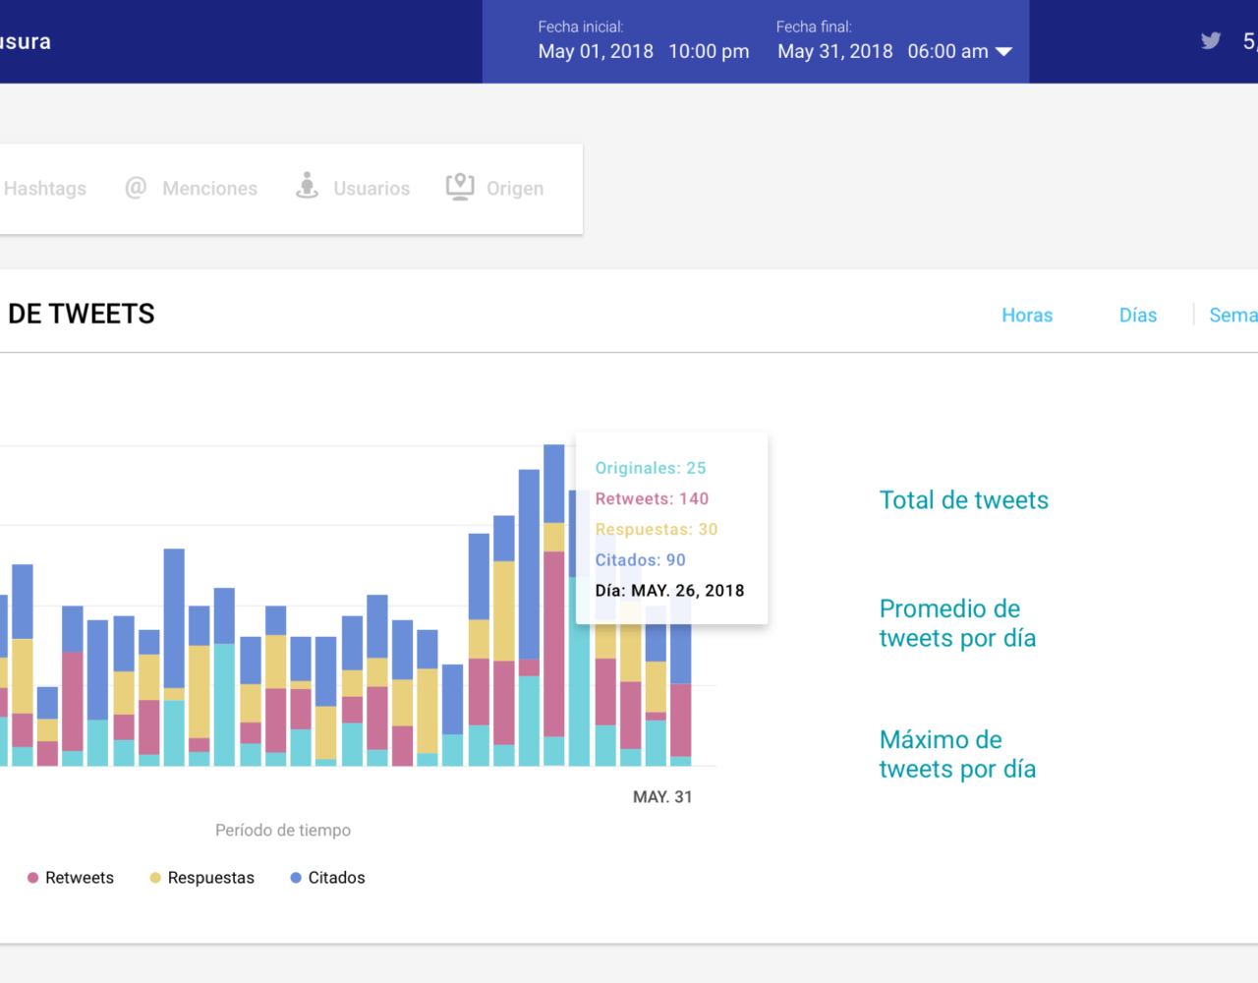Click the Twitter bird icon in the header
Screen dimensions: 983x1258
1211,40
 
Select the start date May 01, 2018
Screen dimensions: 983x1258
596,51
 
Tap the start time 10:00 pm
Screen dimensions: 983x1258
709,51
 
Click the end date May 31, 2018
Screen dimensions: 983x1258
835,51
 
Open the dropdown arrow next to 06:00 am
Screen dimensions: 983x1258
1003,51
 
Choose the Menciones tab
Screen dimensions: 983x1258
209,188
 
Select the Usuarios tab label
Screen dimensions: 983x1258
372,188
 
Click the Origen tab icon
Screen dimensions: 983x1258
460,187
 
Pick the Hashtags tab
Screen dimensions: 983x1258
45,188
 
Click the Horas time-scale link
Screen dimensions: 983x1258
1027,315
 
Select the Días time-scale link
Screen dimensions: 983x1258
1138,315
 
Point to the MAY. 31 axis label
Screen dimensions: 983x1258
662,797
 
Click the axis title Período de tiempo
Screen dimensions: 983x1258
283,831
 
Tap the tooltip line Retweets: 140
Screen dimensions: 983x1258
652,498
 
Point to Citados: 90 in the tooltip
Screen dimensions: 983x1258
640,559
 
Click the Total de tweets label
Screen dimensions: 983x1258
963,500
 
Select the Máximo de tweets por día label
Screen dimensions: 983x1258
957,754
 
